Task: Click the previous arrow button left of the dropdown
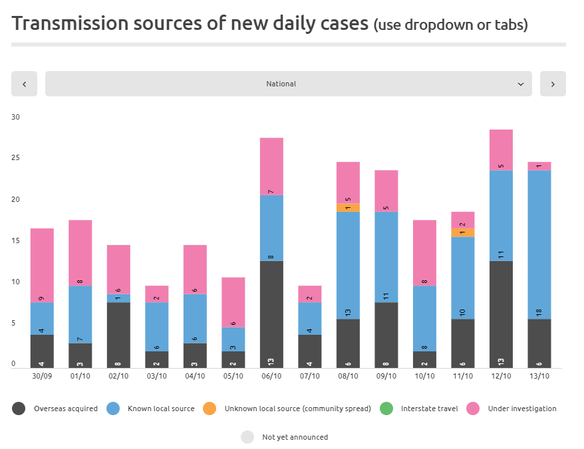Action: [24, 84]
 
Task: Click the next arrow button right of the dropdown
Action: [553, 84]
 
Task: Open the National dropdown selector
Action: [288, 84]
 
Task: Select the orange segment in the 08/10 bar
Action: [348, 208]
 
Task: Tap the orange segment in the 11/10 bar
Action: [463, 232]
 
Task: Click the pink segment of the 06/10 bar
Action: [271, 166]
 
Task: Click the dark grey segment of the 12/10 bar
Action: [501, 314]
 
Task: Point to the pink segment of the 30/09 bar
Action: [42, 266]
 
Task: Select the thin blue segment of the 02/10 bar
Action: [118, 298]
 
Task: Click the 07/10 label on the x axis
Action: [309, 376]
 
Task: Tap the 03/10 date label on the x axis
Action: [157, 376]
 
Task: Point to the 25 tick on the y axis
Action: [16, 158]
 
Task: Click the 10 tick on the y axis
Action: [16, 282]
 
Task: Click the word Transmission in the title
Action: [70, 24]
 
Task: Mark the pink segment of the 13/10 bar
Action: [539, 166]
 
